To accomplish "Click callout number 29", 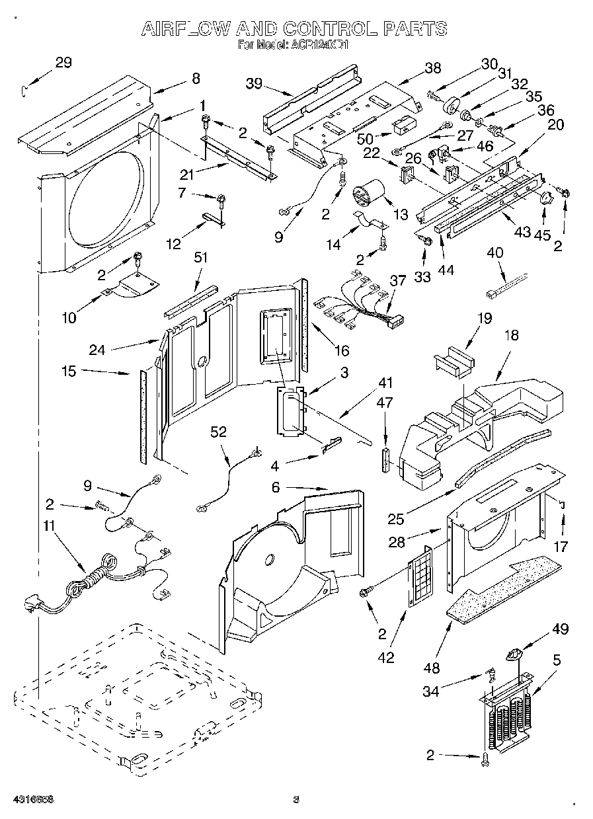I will pos(63,63).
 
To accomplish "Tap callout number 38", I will pos(433,67).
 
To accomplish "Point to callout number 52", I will pos(218,432).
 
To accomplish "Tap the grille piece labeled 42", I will pos(418,576).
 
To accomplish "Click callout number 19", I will pos(485,319).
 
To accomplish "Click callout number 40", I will pos(495,252).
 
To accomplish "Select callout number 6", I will pos(276,488).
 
